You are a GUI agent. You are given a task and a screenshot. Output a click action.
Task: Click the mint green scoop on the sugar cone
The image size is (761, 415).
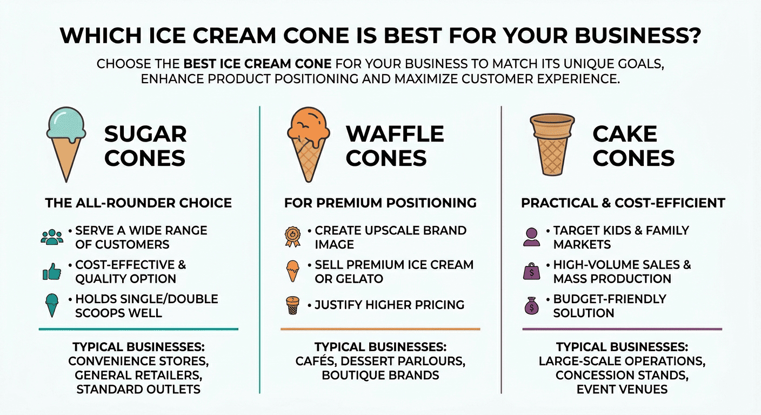[x=66, y=123]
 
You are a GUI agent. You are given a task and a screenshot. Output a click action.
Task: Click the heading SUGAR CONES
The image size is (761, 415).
[x=145, y=145]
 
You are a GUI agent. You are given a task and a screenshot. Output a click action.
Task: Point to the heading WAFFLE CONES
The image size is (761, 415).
[x=395, y=145]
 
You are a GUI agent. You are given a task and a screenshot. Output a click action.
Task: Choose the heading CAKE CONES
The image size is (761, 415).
[x=633, y=145]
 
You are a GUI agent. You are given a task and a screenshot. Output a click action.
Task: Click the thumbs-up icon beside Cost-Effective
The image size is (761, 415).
[x=52, y=272]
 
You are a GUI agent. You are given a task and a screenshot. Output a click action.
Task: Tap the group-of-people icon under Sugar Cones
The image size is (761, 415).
[x=52, y=237]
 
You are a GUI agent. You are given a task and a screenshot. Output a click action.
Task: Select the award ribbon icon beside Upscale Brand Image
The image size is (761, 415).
[x=292, y=237]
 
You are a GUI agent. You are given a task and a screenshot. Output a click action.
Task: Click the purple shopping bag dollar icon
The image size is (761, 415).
[x=532, y=271]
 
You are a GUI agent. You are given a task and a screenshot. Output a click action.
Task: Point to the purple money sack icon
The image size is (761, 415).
[x=532, y=306]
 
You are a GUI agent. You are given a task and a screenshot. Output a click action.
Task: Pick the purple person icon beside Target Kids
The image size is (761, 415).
[x=532, y=237]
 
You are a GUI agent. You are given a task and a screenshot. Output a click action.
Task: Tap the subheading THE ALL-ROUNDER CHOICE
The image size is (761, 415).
[x=138, y=203]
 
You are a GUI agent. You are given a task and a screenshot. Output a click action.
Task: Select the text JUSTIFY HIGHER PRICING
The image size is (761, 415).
[x=389, y=305]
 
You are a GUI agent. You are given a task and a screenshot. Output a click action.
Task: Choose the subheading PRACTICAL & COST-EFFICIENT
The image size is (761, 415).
[x=623, y=203]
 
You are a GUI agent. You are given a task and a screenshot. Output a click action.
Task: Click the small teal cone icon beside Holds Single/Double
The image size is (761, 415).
[x=52, y=305]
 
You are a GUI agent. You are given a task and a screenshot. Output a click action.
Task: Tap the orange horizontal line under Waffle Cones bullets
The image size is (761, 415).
[x=380, y=329]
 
